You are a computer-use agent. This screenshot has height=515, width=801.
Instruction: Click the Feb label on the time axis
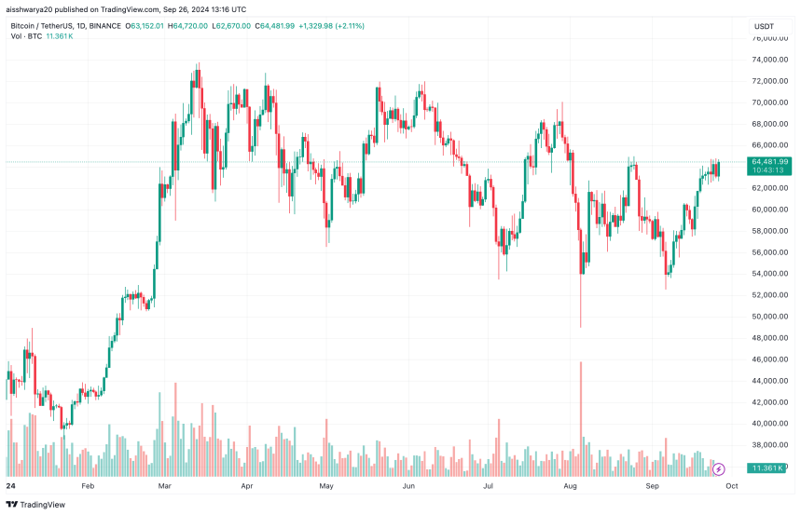[89, 486]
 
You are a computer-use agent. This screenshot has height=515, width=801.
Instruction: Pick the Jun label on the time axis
[408, 486]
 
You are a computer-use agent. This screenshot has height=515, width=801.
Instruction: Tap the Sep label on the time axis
[655, 486]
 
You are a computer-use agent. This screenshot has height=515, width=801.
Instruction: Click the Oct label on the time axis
[733, 486]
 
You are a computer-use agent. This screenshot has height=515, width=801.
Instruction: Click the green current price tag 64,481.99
[770, 161]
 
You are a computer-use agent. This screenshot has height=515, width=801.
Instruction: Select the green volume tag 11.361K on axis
[770, 468]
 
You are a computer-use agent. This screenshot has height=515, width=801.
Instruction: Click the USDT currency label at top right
[764, 27]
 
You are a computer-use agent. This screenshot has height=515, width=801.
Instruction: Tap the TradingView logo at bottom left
[37, 505]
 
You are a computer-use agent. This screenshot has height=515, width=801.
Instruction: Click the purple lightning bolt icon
[718, 469]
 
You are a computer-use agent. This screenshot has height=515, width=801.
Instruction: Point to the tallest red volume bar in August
[581, 410]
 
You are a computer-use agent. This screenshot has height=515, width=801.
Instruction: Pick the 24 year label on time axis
[10, 486]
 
